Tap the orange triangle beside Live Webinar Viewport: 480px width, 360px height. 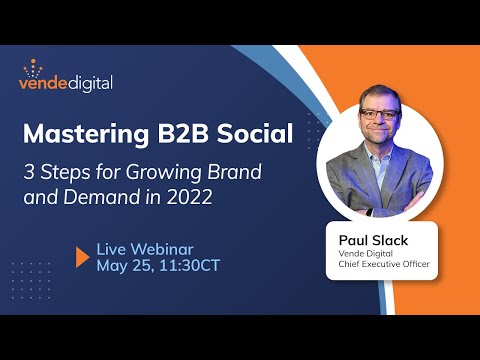coord(83,256)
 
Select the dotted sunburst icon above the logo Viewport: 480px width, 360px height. coord(37,67)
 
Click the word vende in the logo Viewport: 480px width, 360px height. coord(46,83)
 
